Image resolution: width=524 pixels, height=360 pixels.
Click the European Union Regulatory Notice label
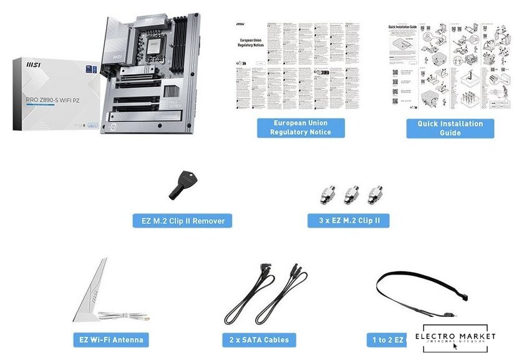[x=301, y=127]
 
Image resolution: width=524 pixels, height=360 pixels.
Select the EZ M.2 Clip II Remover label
[x=182, y=220]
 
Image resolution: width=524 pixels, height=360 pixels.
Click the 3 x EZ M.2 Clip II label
[x=349, y=220]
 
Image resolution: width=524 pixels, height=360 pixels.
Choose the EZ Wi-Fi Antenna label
[x=110, y=340]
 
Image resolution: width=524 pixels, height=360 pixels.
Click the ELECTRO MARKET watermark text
[x=459, y=336]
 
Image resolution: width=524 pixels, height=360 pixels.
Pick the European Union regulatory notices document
[x=299, y=66]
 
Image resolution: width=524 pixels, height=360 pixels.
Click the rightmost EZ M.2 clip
[x=374, y=193]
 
